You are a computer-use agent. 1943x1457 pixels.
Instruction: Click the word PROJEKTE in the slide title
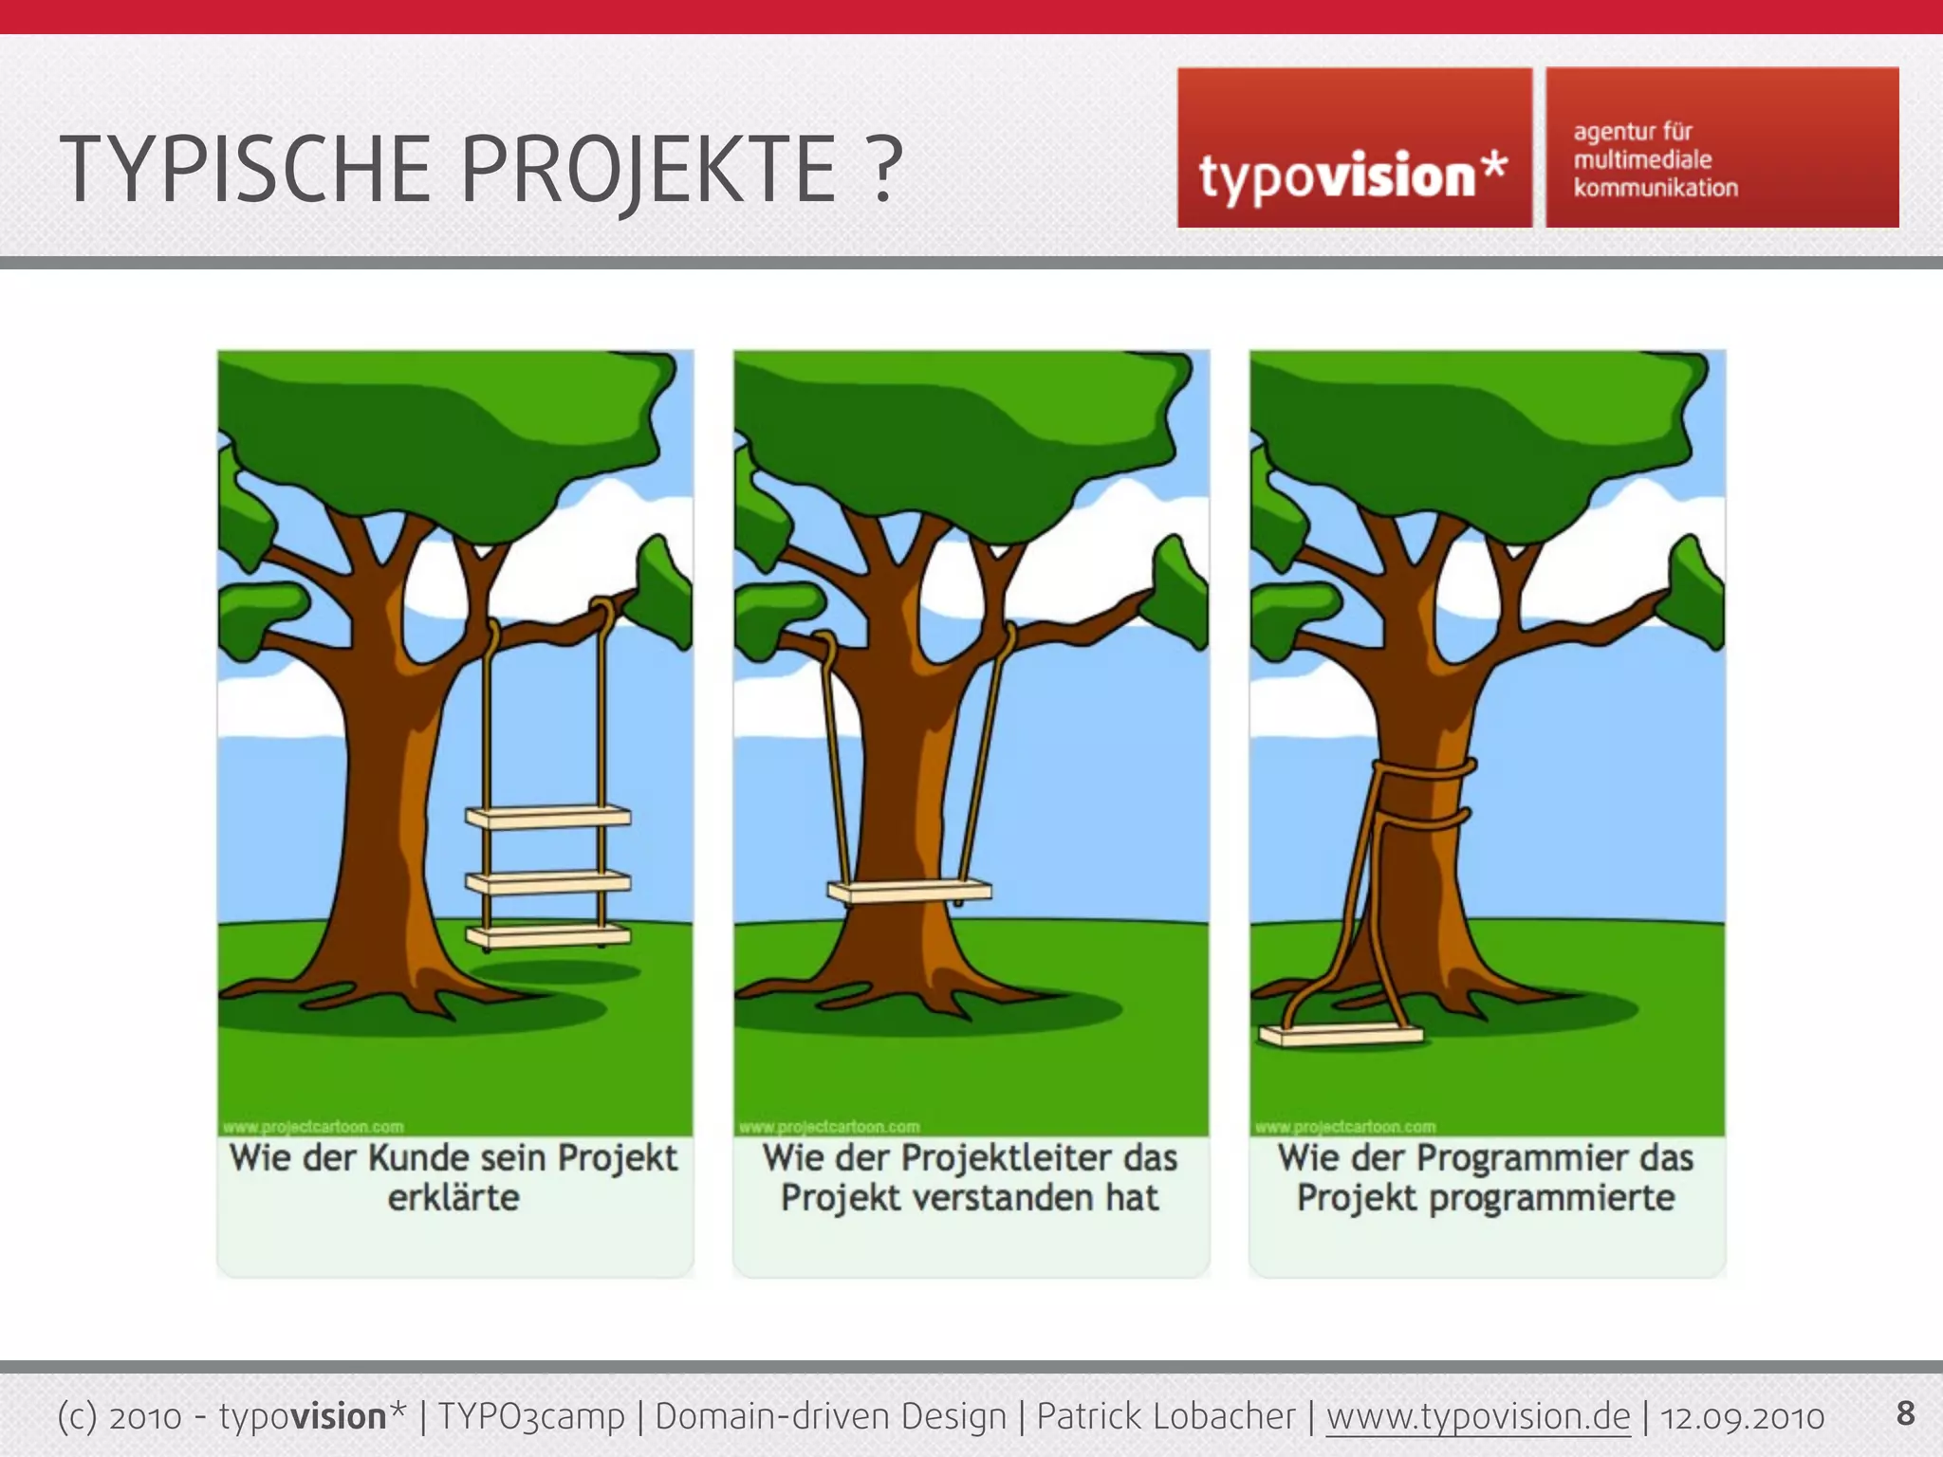click(647, 171)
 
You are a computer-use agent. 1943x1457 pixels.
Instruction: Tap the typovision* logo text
click(1352, 176)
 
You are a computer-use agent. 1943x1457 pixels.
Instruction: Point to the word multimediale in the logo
click(1642, 159)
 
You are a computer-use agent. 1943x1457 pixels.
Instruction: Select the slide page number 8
click(1905, 1412)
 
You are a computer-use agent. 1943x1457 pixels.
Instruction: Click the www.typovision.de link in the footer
click(1478, 1416)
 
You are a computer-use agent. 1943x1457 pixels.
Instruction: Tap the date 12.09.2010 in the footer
click(1742, 1417)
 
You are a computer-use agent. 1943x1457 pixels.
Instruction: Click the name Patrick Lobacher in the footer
click(1165, 1416)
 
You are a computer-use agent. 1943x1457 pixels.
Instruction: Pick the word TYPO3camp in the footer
click(530, 1416)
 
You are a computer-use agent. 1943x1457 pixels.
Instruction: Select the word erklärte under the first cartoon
click(453, 1198)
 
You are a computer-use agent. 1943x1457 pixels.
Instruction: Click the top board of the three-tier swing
click(548, 817)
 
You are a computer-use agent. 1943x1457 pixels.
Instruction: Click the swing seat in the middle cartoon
click(909, 891)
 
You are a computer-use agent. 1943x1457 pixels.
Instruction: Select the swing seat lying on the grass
click(1341, 1035)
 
